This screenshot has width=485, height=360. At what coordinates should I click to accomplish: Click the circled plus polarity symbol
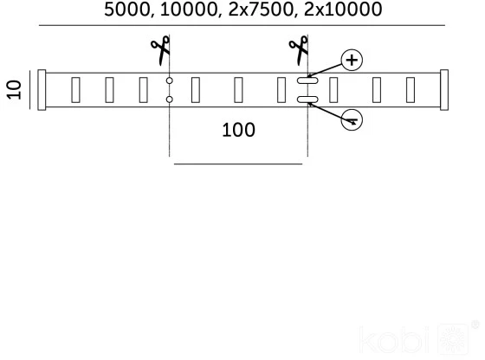[352, 60]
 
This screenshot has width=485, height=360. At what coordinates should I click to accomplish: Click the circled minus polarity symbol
[352, 119]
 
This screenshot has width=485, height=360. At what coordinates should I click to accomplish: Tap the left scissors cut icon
[161, 50]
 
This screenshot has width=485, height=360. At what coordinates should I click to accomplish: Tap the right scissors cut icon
[299, 50]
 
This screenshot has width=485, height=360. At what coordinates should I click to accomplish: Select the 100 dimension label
[238, 130]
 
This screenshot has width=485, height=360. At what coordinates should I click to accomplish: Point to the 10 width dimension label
[14, 90]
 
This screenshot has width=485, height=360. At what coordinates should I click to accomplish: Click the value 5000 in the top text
[127, 10]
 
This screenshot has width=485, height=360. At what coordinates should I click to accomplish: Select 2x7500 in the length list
[261, 10]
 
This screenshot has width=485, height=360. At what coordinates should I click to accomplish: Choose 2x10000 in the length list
[343, 10]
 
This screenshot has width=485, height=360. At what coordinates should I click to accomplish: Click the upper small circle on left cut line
[169, 80]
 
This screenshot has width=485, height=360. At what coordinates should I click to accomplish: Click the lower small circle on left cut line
[169, 100]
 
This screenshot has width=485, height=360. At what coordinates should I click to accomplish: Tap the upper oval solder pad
[307, 80]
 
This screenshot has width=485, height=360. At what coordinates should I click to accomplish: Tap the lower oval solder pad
[307, 100]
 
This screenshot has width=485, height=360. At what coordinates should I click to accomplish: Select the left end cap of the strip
[42, 90]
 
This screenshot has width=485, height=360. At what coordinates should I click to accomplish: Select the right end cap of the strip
[444, 90]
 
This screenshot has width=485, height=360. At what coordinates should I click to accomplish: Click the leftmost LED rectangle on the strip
[75, 90]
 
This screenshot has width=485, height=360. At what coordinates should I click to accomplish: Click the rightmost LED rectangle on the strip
[411, 90]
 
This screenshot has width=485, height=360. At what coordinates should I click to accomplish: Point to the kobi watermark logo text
[394, 340]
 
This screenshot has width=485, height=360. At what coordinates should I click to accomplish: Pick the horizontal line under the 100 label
[238, 164]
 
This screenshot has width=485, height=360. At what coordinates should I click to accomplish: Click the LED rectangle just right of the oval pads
[333, 90]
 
